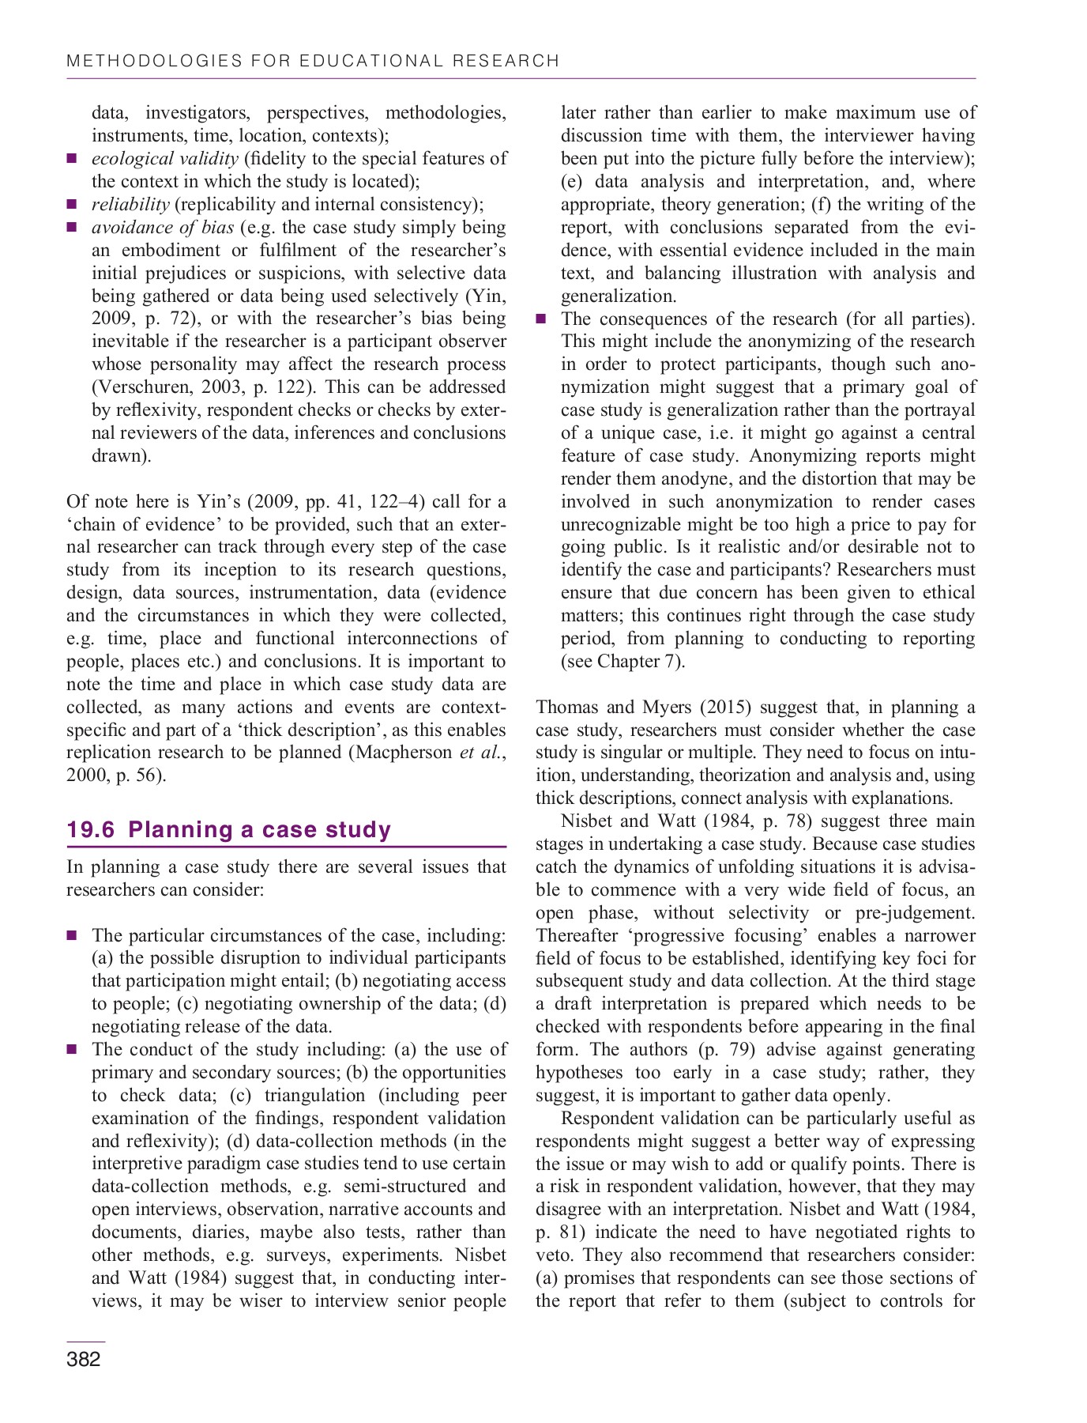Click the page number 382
tap(84, 1359)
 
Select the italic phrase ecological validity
tap(164, 158)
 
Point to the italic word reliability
tap(130, 204)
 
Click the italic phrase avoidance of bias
tap(162, 227)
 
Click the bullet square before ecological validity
tap(72, 158)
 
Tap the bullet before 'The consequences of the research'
tap(541, 319)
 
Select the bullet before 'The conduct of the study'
tap(72, 1049)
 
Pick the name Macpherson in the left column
tap(404, 752)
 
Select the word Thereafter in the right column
tap(574, 935)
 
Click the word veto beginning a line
tap(553, 1255)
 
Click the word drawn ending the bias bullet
tap(118, 455)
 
